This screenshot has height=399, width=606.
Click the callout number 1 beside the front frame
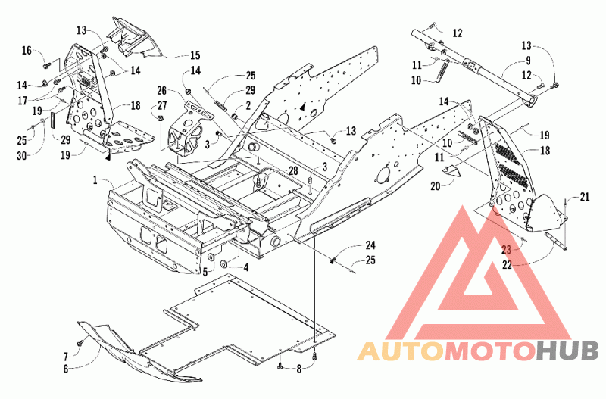95,180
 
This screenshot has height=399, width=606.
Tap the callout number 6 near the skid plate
66,369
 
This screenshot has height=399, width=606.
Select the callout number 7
66,355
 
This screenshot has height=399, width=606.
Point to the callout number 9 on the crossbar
528,61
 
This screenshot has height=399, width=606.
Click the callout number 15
195,55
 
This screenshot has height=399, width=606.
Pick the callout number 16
27,50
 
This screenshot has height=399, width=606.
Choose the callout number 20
435,185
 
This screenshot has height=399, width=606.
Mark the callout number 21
585,197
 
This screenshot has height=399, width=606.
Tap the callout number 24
370,245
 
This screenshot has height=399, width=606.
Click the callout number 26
161,91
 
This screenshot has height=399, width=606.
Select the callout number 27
161,105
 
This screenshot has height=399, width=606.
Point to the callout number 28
293,170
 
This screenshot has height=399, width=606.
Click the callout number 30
22,155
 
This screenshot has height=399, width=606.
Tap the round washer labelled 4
224,264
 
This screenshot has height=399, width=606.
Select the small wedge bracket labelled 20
451,170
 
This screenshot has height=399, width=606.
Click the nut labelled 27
161,118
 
